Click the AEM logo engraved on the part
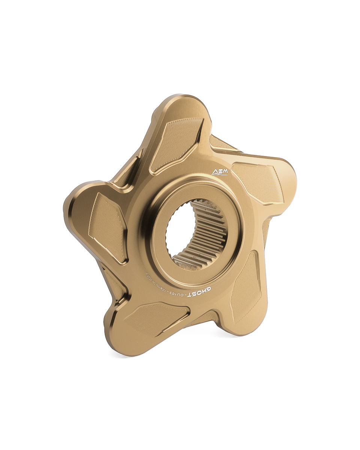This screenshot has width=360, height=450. (220, 172)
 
